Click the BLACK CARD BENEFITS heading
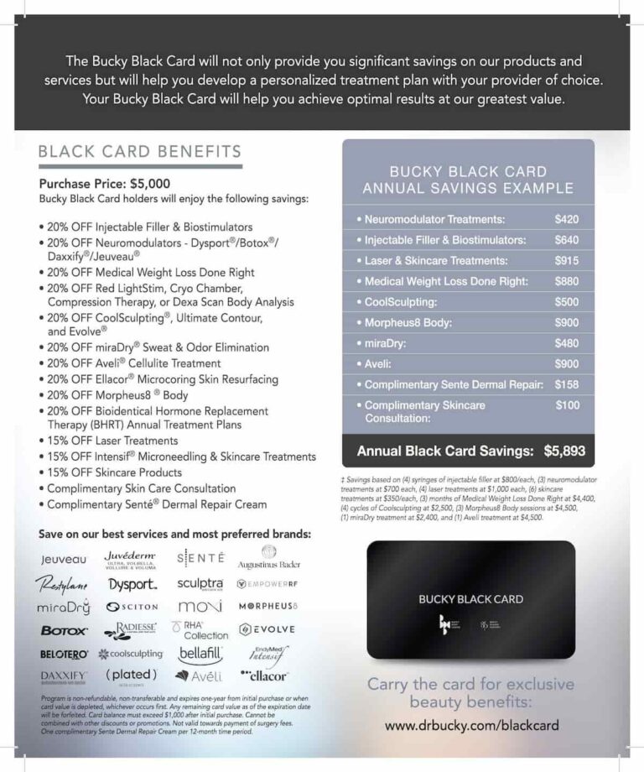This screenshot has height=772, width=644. (x=140, y=152)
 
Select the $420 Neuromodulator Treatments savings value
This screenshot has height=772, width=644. (x=567, y=219)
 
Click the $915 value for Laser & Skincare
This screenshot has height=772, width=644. (x=567, y=261)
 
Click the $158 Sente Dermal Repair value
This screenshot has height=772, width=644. (x=567, y=384)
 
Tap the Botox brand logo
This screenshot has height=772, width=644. (x=64, y=630)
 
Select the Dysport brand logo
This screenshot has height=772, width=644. (x=132, y=584)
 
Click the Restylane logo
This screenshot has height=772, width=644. (x=61, y=583)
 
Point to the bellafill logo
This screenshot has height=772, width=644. (x=200, y=653)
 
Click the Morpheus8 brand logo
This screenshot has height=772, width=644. (x=268, y=606)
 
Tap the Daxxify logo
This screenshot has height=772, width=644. (x=64, y=675)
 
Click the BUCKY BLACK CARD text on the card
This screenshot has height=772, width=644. (x=470, y=599)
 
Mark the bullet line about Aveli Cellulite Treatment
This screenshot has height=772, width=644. (x=134, y=363)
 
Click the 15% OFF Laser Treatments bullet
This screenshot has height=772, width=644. (x=112, y=441)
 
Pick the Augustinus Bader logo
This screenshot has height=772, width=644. (x=268, y=559)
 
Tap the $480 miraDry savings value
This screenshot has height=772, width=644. (x=567, y=343)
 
